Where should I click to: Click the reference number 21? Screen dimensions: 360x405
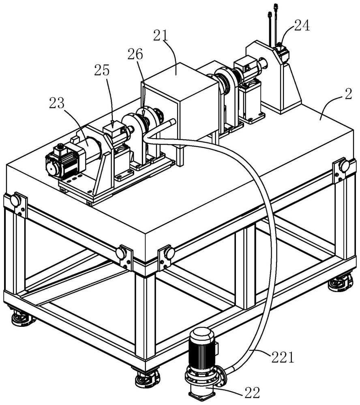coord(161,36)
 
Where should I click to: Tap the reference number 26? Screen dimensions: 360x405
coord(135,54)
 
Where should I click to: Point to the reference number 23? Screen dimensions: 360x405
coord(57,104)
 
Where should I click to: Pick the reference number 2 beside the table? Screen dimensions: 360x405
coord(348,94)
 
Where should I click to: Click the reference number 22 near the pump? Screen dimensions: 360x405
coord(252,393)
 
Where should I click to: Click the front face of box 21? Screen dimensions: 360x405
coord(160,122)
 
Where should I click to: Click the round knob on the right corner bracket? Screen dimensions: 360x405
coord(344,166)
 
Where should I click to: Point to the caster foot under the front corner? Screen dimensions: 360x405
coord(148,379)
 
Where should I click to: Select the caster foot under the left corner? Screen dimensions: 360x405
coord(23,319)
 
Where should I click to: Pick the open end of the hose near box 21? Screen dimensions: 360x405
coord(172,122)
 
